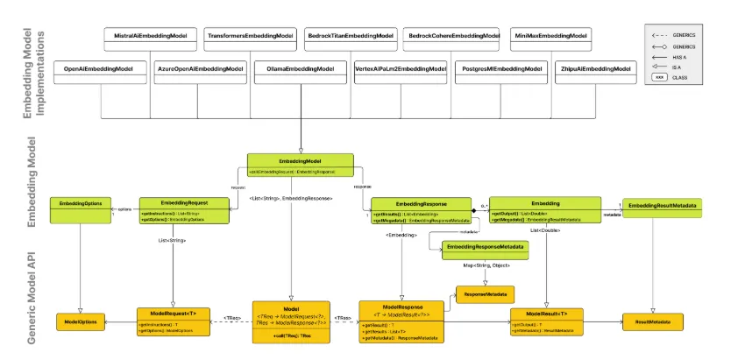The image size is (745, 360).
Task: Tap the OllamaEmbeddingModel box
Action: point(300,68)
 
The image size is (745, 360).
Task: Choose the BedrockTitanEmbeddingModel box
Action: point(349,35)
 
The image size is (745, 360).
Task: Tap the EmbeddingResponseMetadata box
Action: point(486,249)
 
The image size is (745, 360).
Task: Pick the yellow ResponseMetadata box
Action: point(485,293)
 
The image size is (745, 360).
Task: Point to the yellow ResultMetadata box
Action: point(653,322)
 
